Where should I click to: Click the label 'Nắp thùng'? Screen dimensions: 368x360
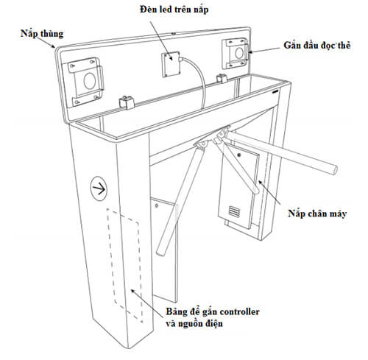coord(42,34)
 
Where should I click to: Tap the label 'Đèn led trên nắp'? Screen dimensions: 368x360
coord(174,10)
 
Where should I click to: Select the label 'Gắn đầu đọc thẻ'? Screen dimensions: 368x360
coord(317,45)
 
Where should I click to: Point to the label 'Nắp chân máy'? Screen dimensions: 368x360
coord(317,213)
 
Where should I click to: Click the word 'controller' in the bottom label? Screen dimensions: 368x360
coord(239,311)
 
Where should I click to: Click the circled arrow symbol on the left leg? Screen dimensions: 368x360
coord(99,188)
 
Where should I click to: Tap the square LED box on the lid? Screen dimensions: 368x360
coord(171,64)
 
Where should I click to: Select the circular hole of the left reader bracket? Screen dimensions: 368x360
coord(88,81)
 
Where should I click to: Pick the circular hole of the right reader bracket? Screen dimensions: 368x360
coord(239,53)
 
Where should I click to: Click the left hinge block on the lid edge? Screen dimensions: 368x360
coord(127,102)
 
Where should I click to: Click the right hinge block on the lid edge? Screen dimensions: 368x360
coord(222,78)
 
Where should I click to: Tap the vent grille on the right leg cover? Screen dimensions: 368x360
coord(235,211)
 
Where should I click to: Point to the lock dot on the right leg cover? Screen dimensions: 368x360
coord(239,155)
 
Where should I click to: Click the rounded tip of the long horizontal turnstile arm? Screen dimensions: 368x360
coord(334,170)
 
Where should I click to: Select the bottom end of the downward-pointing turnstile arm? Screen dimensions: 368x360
coord(161,253)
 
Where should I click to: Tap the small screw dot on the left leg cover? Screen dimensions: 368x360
coord(157,205)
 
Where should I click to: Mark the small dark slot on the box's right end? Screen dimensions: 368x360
coord(276,91)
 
